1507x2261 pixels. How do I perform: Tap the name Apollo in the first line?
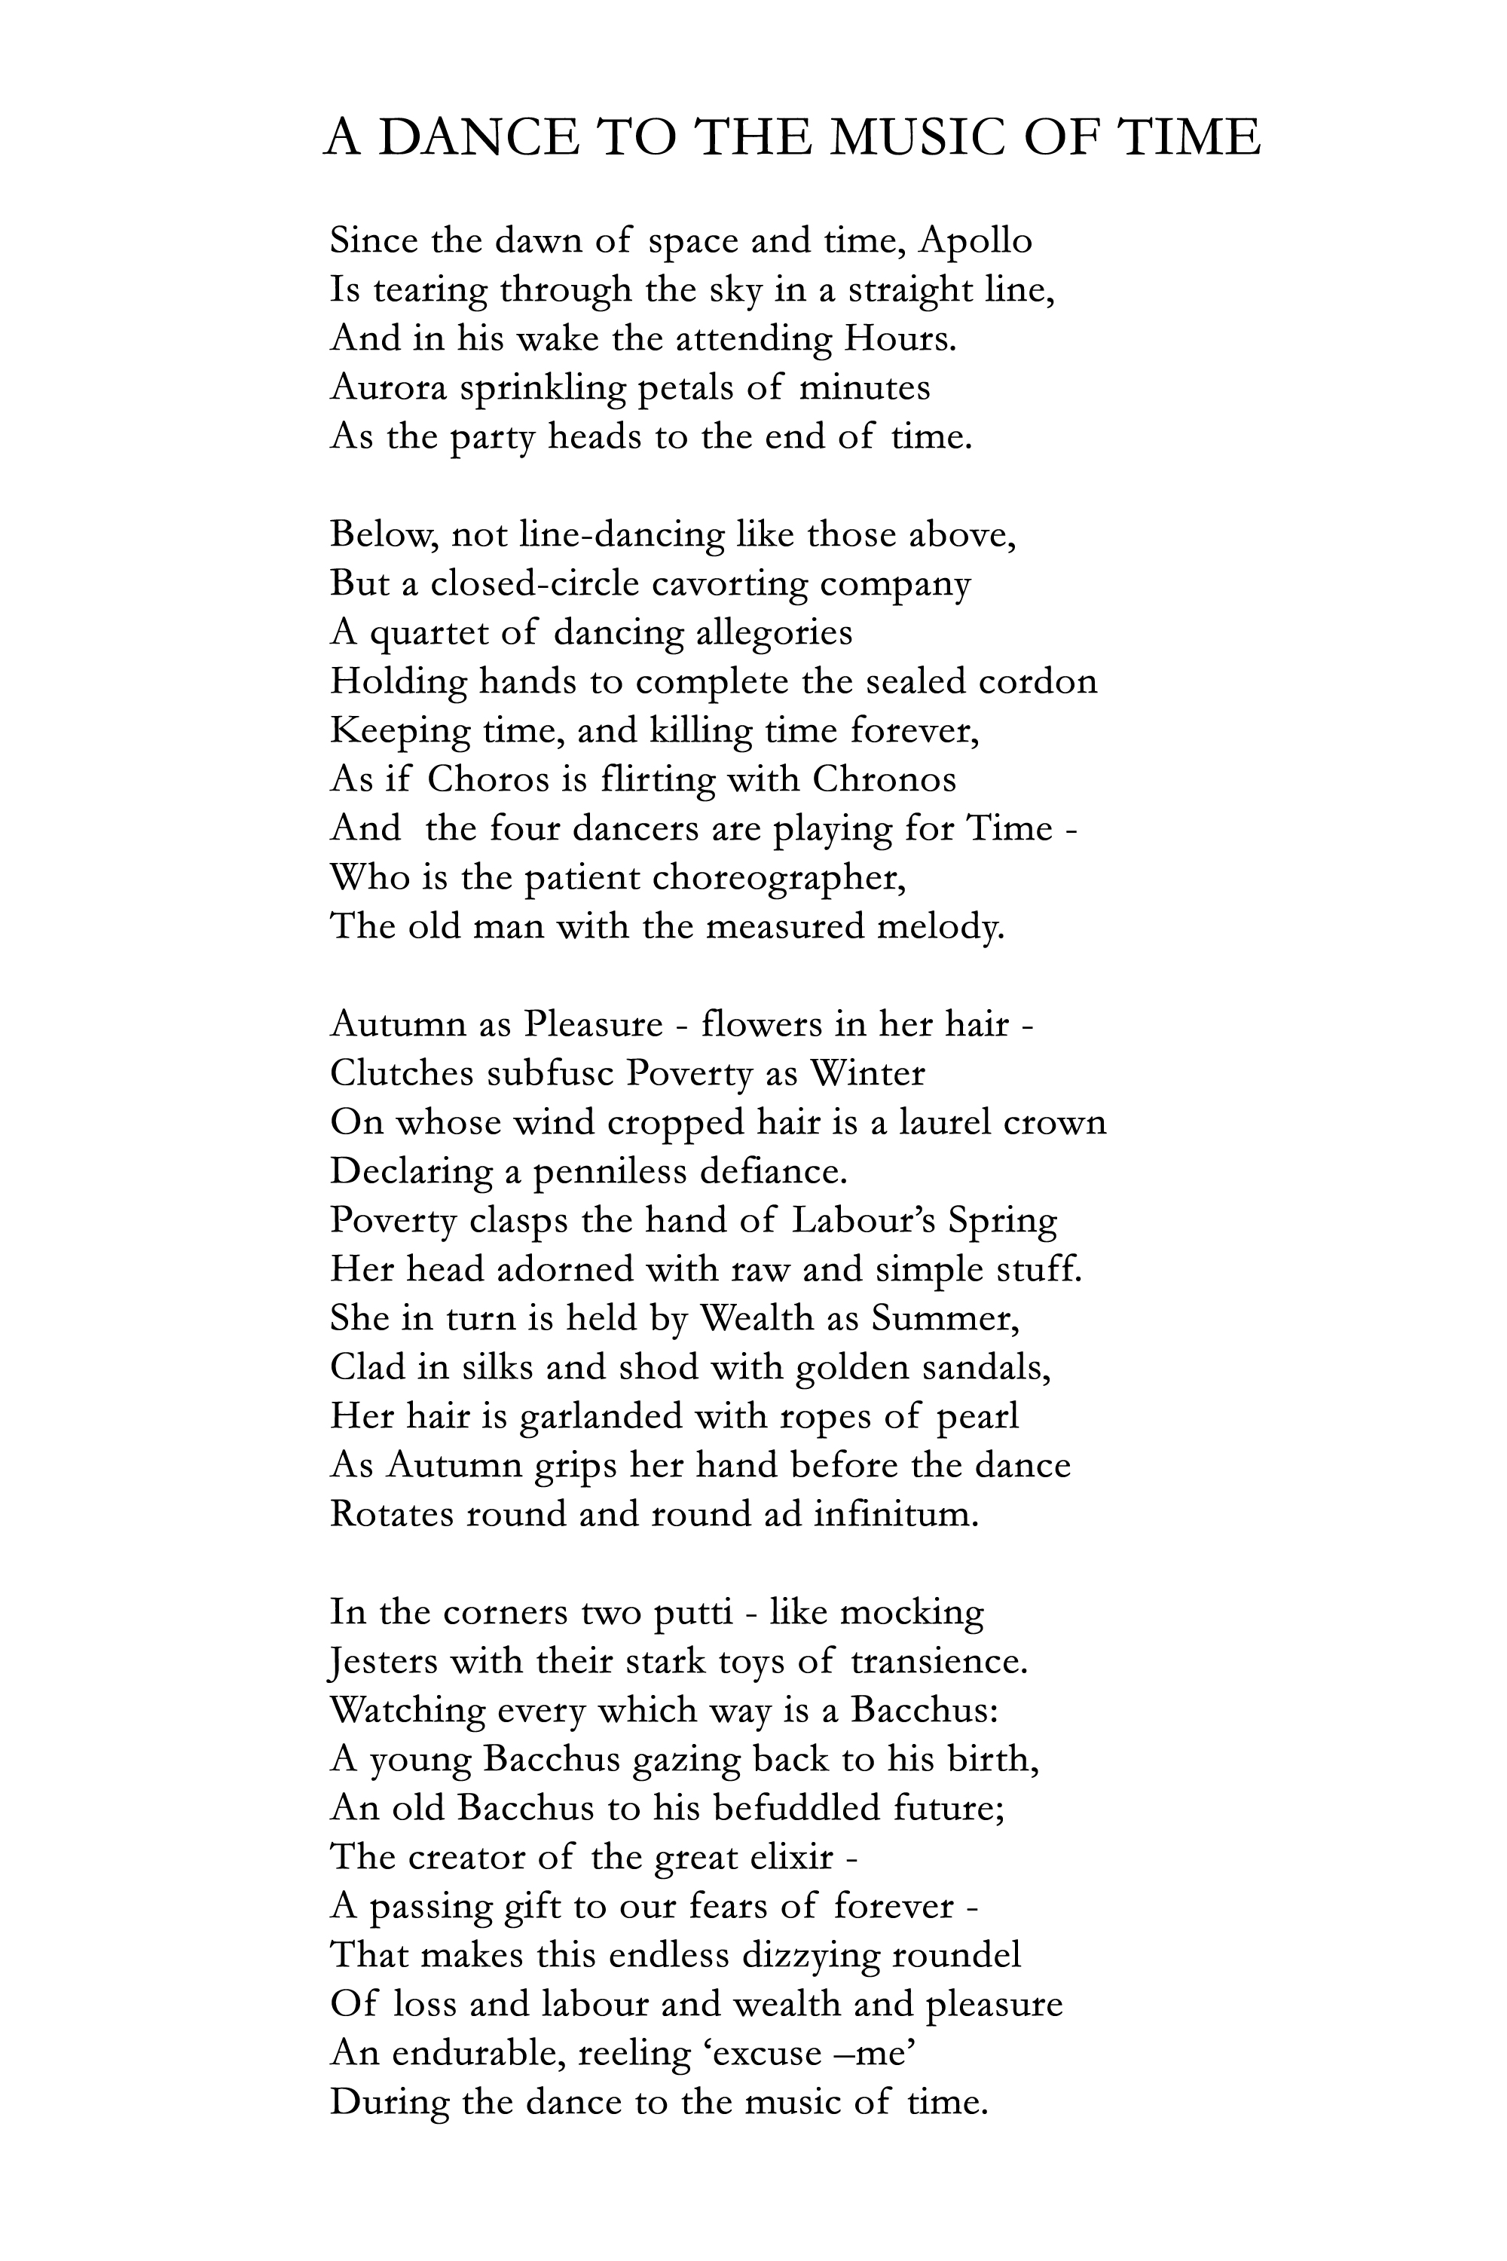click(976, 240)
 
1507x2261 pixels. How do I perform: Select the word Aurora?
click(387, 387)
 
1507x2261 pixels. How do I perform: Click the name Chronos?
click(884, 779)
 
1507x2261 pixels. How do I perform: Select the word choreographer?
click(778, 879)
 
